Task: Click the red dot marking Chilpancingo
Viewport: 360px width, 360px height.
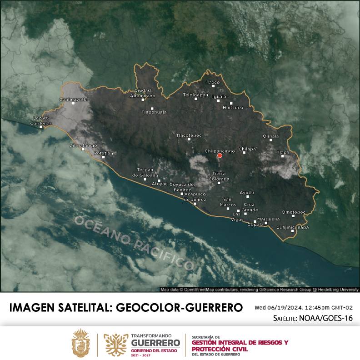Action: tap(220, 155)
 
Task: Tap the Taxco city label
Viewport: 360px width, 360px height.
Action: tap(213, 82)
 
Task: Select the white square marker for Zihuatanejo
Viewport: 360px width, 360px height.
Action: tap(83, 149)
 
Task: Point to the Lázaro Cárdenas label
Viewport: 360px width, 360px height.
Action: tap(41, 120)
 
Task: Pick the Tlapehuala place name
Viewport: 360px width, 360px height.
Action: tap(154, 112)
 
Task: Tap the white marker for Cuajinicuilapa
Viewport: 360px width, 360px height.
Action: tap(292, 231)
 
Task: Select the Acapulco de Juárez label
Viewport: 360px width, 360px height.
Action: tap(195, 197)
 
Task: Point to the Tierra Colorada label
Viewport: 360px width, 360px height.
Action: tap(219, 176)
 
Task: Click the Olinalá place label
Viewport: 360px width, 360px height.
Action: tap(271, 136)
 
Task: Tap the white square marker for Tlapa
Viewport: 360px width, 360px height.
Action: tap(282, 156)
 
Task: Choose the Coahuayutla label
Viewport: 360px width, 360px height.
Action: tap(73, 99)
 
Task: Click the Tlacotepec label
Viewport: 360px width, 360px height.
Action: tap(189, 135)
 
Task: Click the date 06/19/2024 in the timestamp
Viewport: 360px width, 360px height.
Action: tap(283, 308)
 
